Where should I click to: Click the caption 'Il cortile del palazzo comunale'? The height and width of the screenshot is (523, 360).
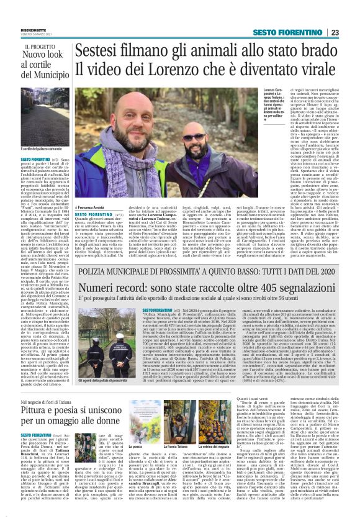[x=45, y=149]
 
